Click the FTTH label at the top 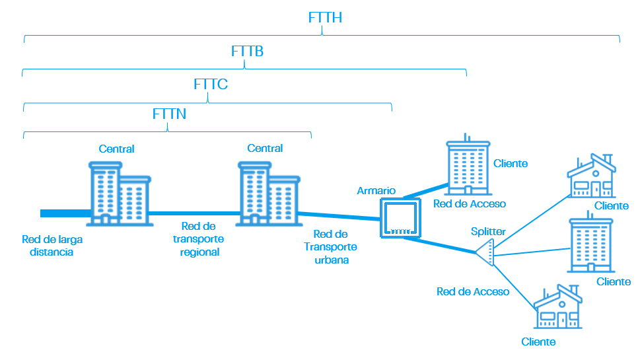click(325, 18)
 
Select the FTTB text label click(248, 51)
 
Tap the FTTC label click(211, 85)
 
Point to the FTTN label click(169, 114)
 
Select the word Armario click(376, 190)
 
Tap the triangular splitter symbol click(485, 253)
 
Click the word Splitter click(488, 232)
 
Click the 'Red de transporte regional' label click(199, 239)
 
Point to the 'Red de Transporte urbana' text click(330, 247)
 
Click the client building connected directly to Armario click(468, 167)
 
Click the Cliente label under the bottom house click(538, 342)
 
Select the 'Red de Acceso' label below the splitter click(473, 291)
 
